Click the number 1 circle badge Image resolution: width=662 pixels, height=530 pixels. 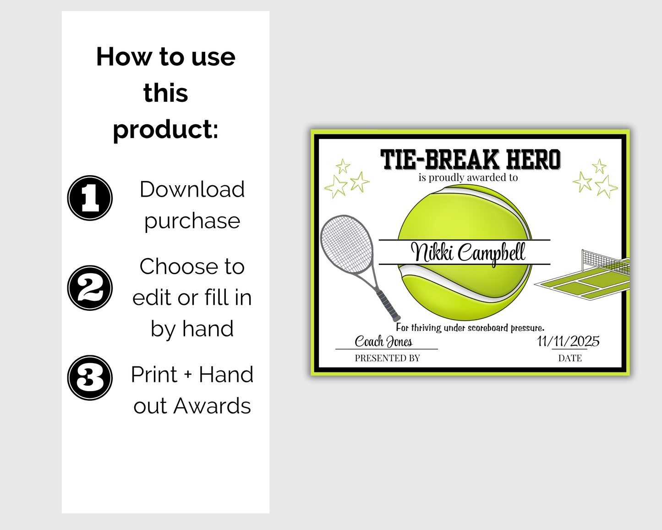(x=90, y=198)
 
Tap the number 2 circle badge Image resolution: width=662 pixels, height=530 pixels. (x=90, y=288)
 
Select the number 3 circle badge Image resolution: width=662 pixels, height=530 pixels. (x=90, y=378)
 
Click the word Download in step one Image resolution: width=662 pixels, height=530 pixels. (x=192, y=189)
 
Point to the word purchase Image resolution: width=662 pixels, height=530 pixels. (x=192, y=221)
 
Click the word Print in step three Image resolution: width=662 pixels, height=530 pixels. (x=154, y=375)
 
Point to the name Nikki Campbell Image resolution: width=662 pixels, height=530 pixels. (x=468, y=252)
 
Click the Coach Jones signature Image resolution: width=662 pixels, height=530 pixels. (x=383, y=342)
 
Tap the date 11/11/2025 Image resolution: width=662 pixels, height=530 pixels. (x=568, y=341)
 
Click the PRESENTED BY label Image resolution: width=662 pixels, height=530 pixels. (x=387, y=358)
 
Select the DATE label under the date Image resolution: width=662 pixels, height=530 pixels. (x=570, y=358)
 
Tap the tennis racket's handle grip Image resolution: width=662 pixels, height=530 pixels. (x=389, y=305)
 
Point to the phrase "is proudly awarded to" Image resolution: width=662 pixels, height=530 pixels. (x=468, y=177)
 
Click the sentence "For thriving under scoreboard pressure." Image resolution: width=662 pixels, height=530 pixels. (x=470, y=327)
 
